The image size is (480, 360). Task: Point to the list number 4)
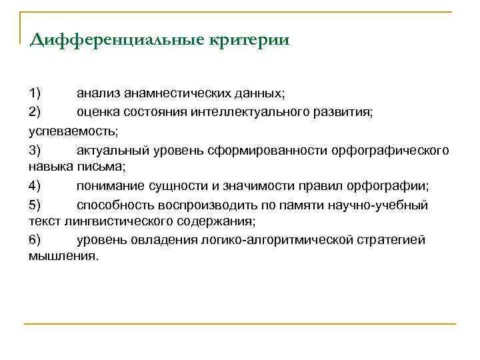(x=35, y=185)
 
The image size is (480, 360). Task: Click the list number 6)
(x=35, y=239)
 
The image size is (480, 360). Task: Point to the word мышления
(x=63, y=255)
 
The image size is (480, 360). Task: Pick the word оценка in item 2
(x=96, y=111)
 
